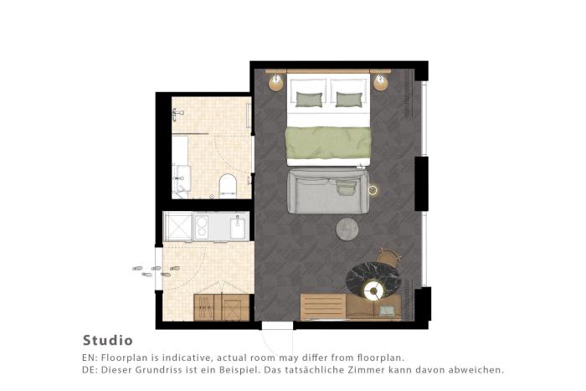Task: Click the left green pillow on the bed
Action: (309, 100)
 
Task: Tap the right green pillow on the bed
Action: (349, 100)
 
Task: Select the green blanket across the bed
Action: (328, 142)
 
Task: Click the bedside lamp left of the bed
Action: (276, 82)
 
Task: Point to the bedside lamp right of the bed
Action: (380, 82)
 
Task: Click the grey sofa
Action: (328, 192)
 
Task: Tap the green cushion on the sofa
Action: (346, 188)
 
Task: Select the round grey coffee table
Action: (347, 229)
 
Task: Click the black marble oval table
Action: (373, 280)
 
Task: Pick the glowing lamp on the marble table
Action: (373, 291)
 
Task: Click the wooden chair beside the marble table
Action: (388, 257)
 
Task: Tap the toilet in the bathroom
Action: (229, 185)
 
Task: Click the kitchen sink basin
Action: (237, 228)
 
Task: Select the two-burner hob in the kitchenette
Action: (202, 227)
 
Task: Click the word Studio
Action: (108, 341)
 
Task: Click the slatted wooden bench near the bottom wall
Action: (323, 306)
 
